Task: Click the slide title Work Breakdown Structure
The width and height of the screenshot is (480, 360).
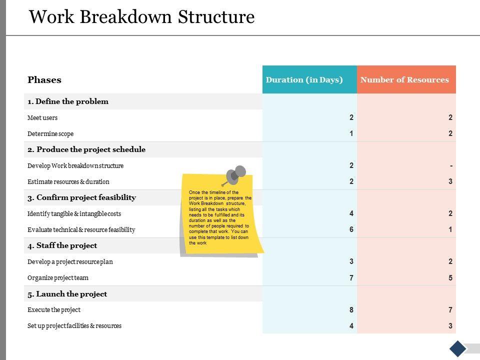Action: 142,17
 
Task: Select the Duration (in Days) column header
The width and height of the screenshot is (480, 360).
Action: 304,80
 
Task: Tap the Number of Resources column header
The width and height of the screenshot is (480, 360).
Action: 404,80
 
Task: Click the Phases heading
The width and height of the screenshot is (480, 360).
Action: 44,80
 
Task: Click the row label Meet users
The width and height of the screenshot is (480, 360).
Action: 42,118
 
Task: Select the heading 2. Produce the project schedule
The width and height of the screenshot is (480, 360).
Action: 86,149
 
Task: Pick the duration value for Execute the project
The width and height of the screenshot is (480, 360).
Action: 351,310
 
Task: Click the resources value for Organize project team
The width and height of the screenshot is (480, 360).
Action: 450,278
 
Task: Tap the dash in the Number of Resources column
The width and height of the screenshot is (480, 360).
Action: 451,166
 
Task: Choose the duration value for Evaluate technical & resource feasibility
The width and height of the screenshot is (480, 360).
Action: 351,230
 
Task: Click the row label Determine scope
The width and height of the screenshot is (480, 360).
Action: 50,134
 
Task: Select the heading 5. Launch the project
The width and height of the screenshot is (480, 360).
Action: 67,294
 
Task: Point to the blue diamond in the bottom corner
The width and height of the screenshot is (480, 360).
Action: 457,348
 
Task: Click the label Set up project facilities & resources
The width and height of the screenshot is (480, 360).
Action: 74,326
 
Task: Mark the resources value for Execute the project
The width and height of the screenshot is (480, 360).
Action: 450,310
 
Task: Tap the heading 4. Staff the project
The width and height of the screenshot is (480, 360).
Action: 62,245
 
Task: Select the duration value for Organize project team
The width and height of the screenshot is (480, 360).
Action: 351,278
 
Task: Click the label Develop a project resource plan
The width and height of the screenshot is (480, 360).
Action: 70,262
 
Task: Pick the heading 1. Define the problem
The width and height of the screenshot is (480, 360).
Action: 68,101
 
